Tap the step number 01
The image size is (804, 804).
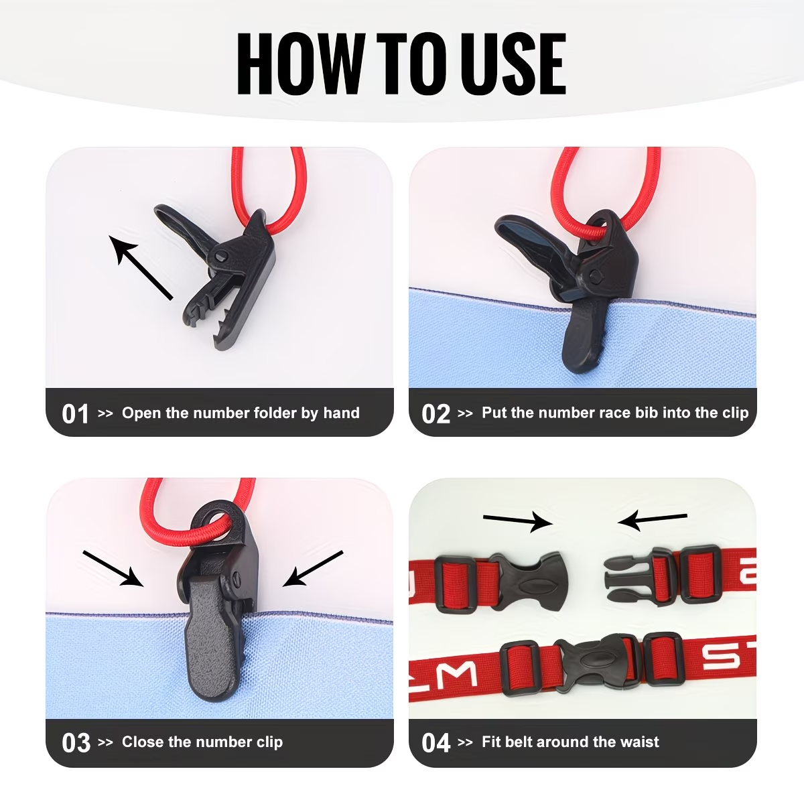(x=75, y=414)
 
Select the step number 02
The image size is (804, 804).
(x=435, y=414)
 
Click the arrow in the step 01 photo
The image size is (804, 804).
(x=141, y=268)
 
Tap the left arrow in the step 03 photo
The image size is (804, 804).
(x=113, y=569)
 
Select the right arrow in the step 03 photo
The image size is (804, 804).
(x=312, y=569)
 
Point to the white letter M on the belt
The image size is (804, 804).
(x=458, y=675)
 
